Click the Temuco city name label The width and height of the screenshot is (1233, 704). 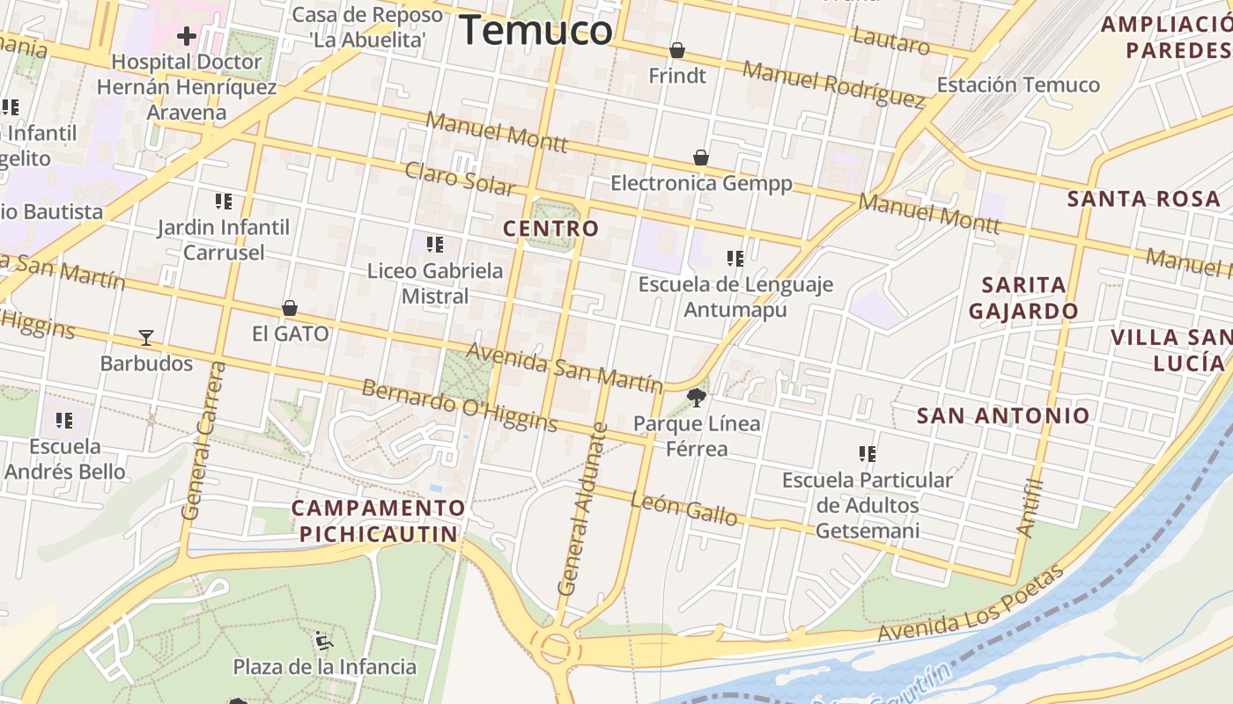pos(535,31)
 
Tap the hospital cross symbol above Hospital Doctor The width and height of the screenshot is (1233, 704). pos(186,36)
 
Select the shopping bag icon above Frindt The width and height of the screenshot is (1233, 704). pos(676,50)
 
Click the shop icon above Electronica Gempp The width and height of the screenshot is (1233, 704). pos(701,158)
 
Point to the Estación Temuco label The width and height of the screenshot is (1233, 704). pos(1017,85)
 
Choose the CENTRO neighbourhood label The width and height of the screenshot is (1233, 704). pos(550,229)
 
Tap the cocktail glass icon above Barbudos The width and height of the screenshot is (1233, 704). pos(146,337)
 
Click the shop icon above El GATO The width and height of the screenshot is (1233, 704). pos(290,308)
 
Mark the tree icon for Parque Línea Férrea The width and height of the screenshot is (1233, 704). pos(697,397)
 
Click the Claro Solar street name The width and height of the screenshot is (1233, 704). pos(460,179)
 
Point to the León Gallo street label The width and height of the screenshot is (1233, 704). pos(684,508)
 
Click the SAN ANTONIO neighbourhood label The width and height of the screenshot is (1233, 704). pos(1003,415)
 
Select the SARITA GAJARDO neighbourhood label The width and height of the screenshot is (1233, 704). pos(1023,297)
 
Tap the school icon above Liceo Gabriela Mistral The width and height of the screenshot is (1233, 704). pos(434,245)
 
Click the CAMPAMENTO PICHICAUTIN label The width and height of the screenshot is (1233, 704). pos(379,521)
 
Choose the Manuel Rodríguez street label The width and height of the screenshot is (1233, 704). pos(832,84)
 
